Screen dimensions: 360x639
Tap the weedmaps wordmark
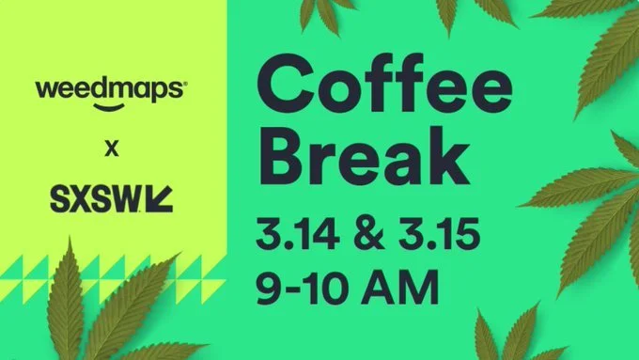click(110, 89)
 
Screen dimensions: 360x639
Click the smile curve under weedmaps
click(110, 106)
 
